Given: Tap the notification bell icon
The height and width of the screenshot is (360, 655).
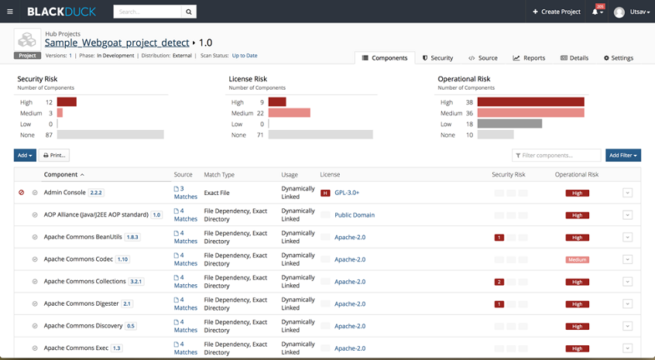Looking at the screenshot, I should click(596, 12).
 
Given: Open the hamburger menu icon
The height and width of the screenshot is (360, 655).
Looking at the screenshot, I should click(9, 12).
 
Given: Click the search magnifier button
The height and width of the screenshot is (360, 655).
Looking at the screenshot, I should click(188, 12).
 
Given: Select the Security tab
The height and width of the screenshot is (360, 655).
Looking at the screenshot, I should click(437, 58).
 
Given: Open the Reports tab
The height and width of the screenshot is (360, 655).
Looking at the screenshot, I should click(529, 58).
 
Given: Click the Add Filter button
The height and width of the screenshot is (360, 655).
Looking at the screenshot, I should click(622, 156).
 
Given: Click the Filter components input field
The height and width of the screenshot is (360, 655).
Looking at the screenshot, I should click(557, 156).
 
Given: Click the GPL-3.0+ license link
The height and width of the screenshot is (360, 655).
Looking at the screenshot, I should click(346, 193).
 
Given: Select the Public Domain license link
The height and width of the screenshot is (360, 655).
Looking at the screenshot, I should click(354, 215).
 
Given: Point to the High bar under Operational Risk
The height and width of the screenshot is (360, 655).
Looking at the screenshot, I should click(530, 102).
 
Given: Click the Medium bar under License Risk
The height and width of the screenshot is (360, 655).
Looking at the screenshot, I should click(289, 113).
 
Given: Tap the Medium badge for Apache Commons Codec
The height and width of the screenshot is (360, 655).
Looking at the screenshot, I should click(577, 260).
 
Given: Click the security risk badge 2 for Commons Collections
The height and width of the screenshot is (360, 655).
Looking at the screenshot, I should click(499, 282).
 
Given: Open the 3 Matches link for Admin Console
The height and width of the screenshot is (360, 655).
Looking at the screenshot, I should click(185, 193).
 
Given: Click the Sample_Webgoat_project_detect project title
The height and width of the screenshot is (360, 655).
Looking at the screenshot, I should click(116, 43).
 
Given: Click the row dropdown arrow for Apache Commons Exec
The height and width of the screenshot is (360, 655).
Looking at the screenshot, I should click(627, 348).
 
